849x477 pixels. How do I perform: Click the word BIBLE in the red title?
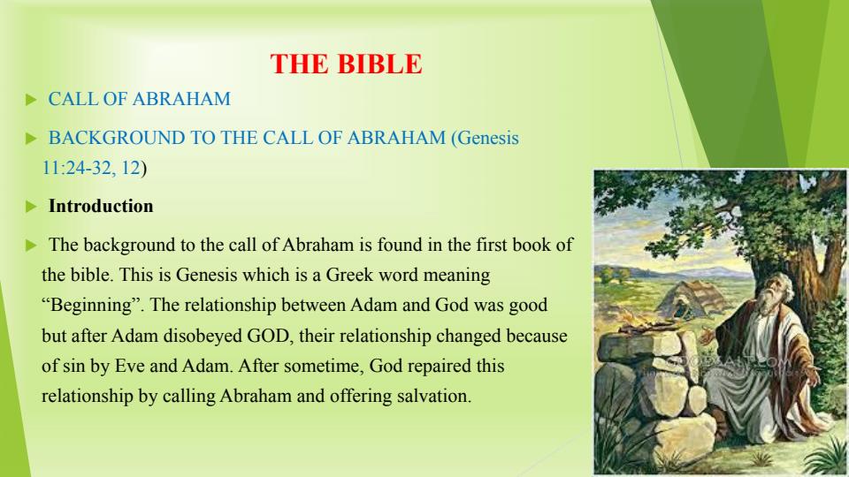point(379,64)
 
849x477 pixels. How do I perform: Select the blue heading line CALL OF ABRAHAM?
point(139,99)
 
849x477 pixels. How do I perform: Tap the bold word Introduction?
point(101,206)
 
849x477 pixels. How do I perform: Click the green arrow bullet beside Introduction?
point(31,207)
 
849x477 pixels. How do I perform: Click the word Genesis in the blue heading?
point(488,138)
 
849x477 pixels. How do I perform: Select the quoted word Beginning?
point(91,305)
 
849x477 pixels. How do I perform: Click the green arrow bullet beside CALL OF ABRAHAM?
point(31,100)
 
